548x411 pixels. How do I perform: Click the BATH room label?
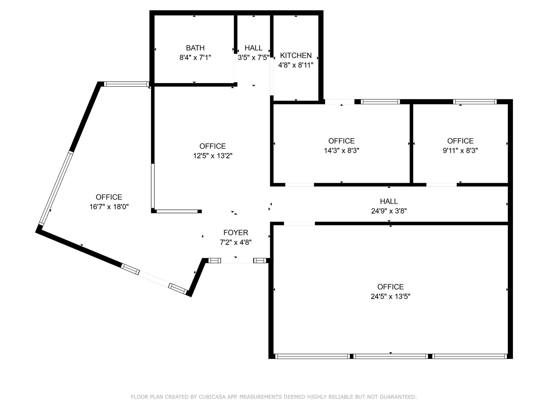(x=195, y=48)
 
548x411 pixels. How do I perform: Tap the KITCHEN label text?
(x=296, y=55)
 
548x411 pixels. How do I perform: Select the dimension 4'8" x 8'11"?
(x=296, y=65)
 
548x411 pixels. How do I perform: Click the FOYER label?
(x=236, y=233)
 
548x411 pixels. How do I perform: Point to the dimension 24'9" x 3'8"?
(x=389, y=211)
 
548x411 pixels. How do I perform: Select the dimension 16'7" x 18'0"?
(x=109, y=207)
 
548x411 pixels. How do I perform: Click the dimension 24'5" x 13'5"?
(x=390, y=296)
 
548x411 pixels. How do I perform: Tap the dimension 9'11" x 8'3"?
(x=460, y=151)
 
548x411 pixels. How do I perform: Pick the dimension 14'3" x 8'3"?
(x=341, y=151)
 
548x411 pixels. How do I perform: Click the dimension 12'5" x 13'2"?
(x=213, y=156)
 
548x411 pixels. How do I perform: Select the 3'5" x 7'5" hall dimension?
(x=253, y=58)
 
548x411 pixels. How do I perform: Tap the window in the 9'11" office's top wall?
(x=475, y=102)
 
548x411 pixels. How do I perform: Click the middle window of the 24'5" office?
(x=390, y=356)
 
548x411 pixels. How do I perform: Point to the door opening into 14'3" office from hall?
(x=299, y=185)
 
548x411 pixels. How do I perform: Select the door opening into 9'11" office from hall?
(x=441, y=185)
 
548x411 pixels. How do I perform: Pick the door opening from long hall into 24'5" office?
(x=299, y=223)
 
